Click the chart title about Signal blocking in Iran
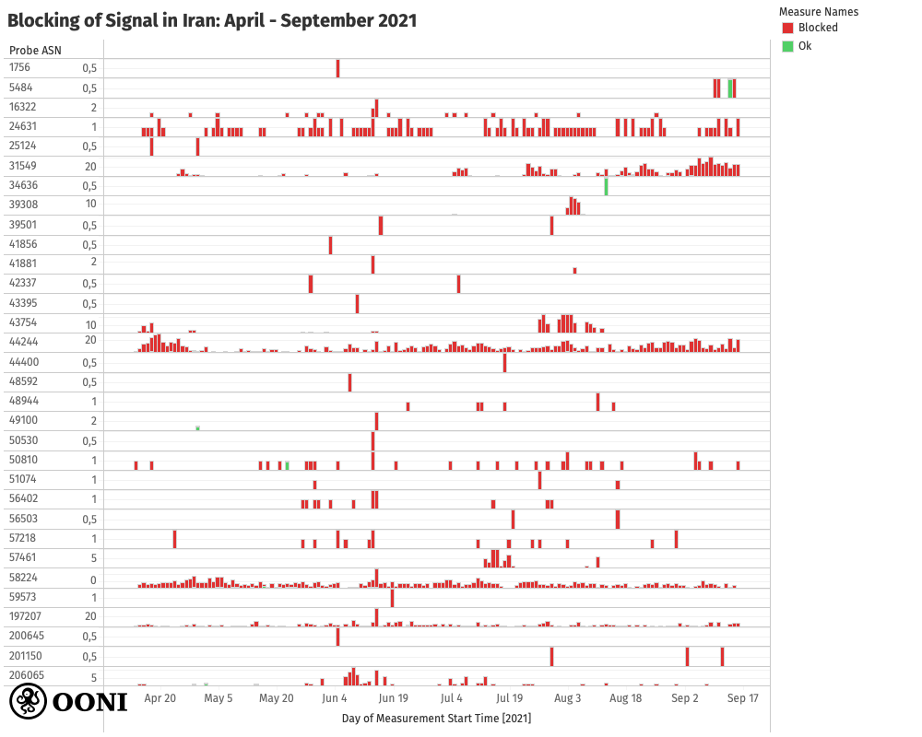tap(212, 19)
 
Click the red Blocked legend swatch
tap(787, 28)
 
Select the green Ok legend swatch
tap(787, 45)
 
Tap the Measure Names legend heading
tap(819, 12)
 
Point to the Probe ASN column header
tap(35, 50)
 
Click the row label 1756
tap(19, 67)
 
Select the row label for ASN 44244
tap(23, 341)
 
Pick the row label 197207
tap(26, 615)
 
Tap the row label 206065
tap(26, 675)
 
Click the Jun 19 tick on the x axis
tap(394, 698)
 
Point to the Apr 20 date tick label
tap(160, 698)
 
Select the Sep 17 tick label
tap(743, 698)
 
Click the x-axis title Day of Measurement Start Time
tap(436, 718)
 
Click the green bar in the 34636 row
tap(606, 186)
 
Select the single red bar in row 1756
tap(338, 68)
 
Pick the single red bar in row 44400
tap(504, 363)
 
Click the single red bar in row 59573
tap(392, 598)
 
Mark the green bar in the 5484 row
tap(729, 88)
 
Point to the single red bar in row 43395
tap(357, 304)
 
